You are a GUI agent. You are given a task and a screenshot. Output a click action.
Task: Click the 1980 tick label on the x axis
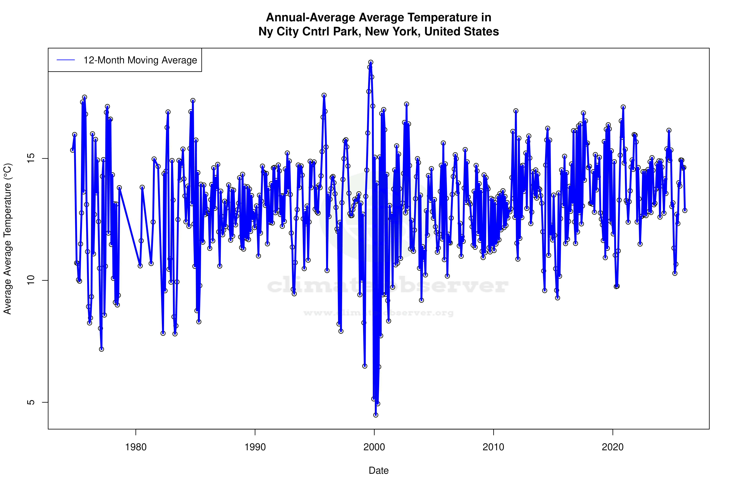tap(136, 447)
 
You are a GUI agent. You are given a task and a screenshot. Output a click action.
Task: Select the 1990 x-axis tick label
tap(255, 447)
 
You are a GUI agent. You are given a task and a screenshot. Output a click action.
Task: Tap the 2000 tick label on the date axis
tap(374, 447)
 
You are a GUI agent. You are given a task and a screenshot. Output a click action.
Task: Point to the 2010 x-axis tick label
tap(493, 447)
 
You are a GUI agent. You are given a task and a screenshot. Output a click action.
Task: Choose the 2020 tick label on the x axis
tap(613, 447)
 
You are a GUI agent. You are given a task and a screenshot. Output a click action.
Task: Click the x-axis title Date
tap(379, 471)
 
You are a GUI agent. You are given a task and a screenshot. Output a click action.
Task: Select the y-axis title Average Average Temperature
tap(7, 239)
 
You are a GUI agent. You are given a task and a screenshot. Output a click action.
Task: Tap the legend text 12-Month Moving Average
tap(140, 60)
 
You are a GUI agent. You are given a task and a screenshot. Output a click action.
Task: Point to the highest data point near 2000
tap(371, 62)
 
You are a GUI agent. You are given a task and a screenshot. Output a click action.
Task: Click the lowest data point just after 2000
tap(376, 415)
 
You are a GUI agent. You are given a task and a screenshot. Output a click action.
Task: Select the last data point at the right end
tap(685, 210)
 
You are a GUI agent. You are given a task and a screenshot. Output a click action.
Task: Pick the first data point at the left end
tap(72, 150)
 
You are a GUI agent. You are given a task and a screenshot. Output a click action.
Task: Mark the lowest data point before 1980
tap(101, 349)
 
